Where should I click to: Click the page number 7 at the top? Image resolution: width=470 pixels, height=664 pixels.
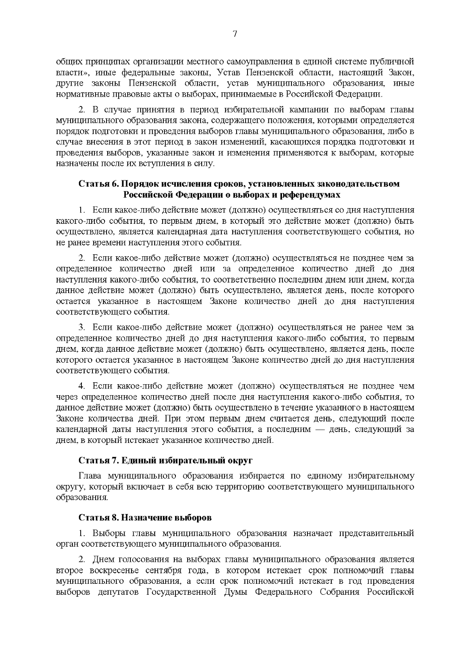[x=235, y=34]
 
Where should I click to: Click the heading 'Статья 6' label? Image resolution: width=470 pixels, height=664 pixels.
[x=96, y=184]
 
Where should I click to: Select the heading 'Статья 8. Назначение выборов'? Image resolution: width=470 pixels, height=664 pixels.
[x=145, y=517]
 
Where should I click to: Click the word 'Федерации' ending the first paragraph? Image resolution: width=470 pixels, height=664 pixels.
[x=362, y=94]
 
